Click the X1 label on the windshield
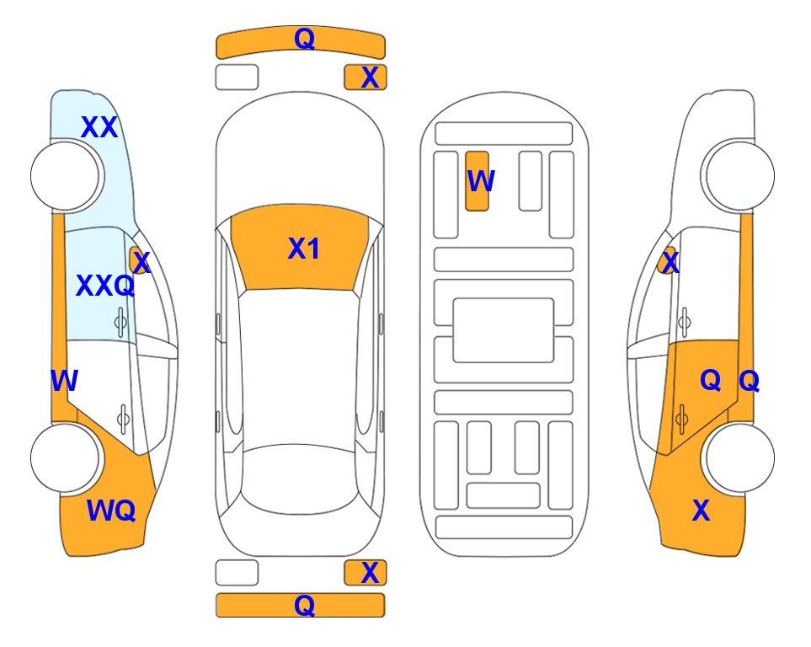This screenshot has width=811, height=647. pos(304,249)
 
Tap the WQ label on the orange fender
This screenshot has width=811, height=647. pos(111,511)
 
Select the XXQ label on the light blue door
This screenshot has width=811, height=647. pos(105,286)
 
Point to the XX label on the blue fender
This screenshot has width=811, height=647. pos(99,127)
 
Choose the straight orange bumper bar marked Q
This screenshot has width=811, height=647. pos(301,605)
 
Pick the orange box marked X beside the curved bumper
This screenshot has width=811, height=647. pos(365,78)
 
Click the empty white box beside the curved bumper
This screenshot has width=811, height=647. pos(237,78)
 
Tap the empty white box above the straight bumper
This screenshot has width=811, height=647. pos(237,573)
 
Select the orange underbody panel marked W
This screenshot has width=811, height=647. pos(477,181)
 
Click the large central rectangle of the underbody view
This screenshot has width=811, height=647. pos(504,330)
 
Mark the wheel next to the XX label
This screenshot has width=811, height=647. pos(65,176)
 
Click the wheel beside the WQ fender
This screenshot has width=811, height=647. pos(65,457)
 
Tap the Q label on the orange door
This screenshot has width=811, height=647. pos(711,381)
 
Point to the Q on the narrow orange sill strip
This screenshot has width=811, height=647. pos(749,382)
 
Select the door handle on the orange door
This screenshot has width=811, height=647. pos(682,419)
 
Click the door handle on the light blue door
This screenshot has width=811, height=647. pos(120,323)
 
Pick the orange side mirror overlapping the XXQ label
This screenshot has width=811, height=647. pos(139,259)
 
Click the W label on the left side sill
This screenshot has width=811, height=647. pos(64,381)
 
